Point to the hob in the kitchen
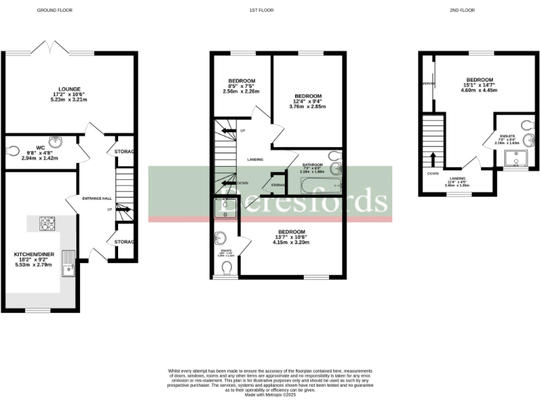(x=48, y=224)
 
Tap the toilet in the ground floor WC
(x=13, y=150)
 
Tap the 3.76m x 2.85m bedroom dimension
(x=308, y=108)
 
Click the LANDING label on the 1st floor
(x=255, y=160)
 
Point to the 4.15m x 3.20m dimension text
(x=291, y=243)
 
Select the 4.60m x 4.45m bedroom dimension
(x=479, y=90)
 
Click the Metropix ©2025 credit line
(x=270, y=396)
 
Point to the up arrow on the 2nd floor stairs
(x=432, y=156)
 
